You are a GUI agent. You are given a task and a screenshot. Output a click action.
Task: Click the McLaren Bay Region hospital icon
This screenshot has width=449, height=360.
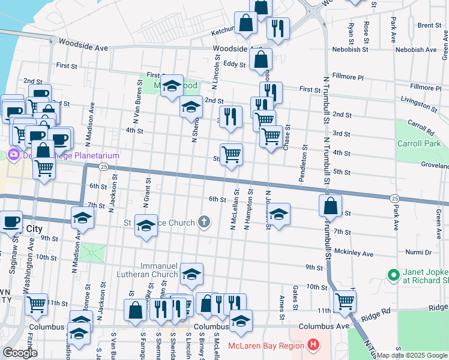coord(313,346)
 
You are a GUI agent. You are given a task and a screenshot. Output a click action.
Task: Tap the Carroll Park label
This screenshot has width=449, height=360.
coord(419,144)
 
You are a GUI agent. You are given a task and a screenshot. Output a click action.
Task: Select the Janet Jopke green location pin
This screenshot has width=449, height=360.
coord(394,275)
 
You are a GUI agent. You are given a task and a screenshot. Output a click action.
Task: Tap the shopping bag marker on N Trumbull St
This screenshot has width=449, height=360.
coord(330,206)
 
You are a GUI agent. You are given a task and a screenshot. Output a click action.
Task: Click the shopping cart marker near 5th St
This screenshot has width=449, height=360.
coord(231,155)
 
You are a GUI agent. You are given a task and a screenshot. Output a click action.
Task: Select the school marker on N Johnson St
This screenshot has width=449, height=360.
coord(279,214)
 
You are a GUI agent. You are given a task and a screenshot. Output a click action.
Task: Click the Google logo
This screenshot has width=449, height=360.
coord(20,353)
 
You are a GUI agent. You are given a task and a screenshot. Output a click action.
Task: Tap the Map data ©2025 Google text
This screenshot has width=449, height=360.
coord(412,355)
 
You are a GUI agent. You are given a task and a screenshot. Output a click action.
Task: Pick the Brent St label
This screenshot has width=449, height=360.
coord(429,25)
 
